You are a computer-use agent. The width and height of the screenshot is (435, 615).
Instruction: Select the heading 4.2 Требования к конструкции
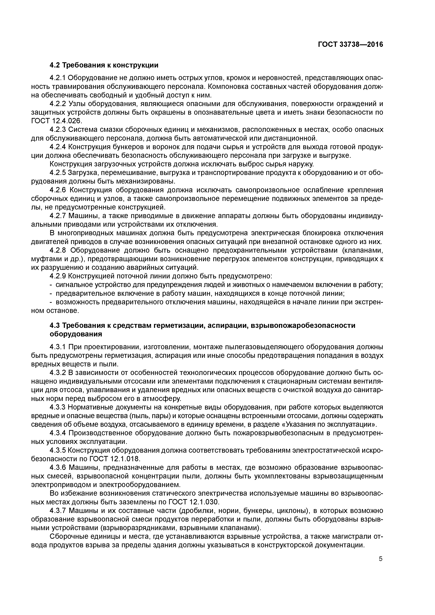point(104,65)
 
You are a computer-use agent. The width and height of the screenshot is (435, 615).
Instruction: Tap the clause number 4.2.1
point(58,78)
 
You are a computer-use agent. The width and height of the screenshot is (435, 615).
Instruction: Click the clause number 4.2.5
point(58,173)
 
